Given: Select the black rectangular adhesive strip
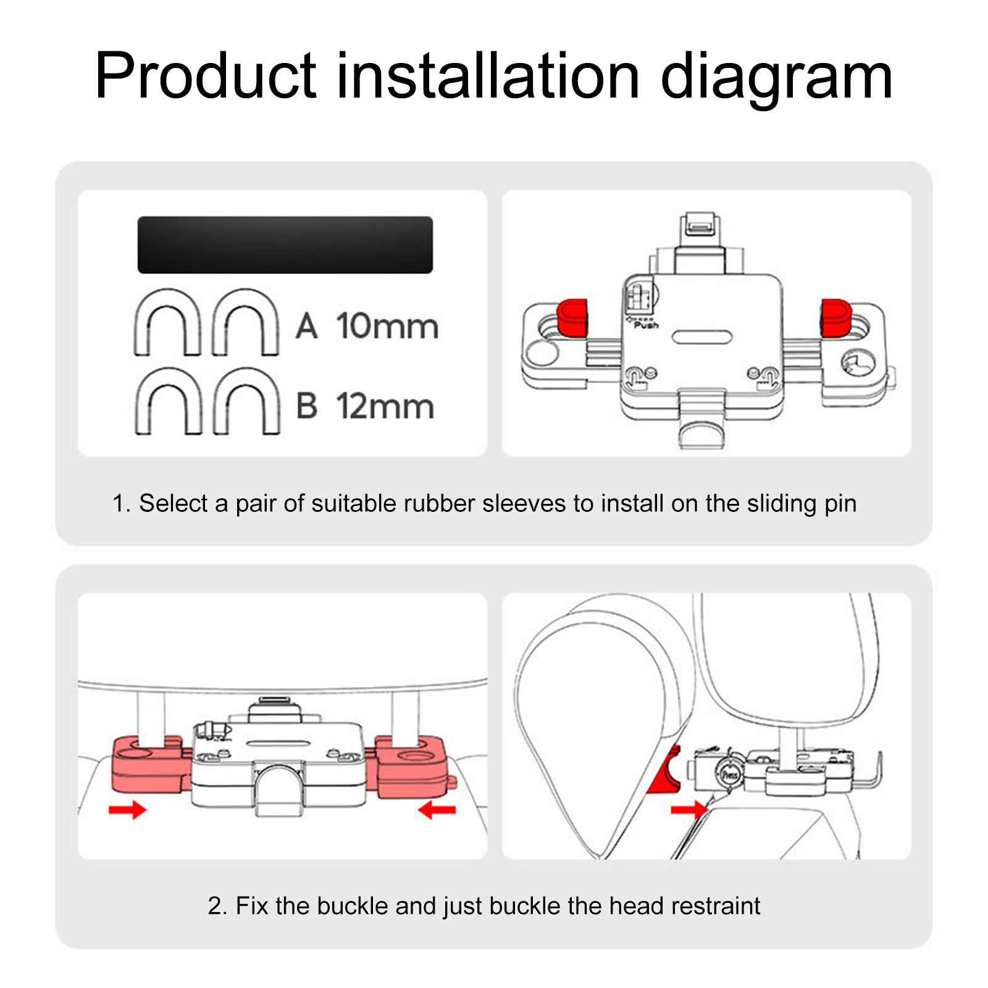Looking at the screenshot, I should tap(285, 245).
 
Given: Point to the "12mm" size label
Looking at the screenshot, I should tap(385, 406).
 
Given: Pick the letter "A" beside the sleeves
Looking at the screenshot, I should tap(306, 326).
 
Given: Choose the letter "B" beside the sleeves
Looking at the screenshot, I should tap(306, 406).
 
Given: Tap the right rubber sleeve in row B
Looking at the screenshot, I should tap(246, 401).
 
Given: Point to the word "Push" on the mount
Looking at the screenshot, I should tap(646, 325).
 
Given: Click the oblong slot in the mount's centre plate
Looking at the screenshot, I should tap(702, 337).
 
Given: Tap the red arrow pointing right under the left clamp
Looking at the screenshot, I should tap(127, 810).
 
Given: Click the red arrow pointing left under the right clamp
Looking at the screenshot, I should tap(437, 810).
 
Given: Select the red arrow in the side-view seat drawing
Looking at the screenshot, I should tap(689, 810).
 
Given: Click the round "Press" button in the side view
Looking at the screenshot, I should tap(729, 774).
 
